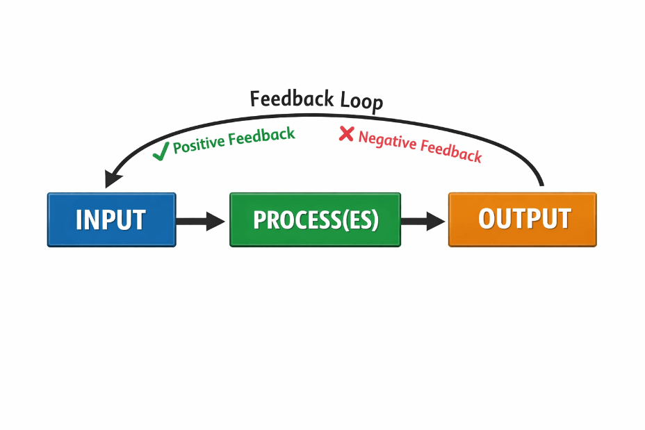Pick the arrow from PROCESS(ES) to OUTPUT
(422, 222)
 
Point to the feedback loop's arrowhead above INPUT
(112, 178)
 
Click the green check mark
(161, 152)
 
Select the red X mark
(346, 134)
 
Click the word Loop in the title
(361, 101)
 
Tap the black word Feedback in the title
(293, 99)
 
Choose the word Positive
(199, 144)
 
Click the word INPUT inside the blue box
(111, 220)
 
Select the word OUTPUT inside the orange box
(524, 218)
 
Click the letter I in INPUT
(79, 220)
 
